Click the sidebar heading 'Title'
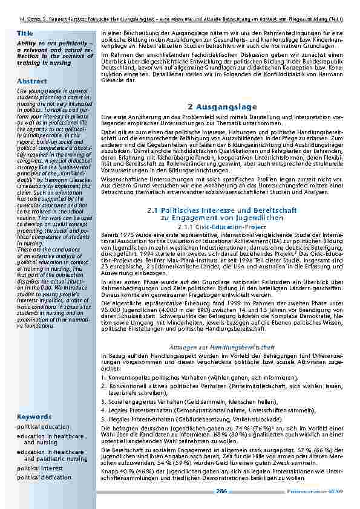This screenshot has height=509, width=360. [x=25, y=33]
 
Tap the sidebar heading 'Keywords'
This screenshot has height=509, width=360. [x=34, y=417]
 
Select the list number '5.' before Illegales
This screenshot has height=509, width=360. [x=103, y=418]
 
